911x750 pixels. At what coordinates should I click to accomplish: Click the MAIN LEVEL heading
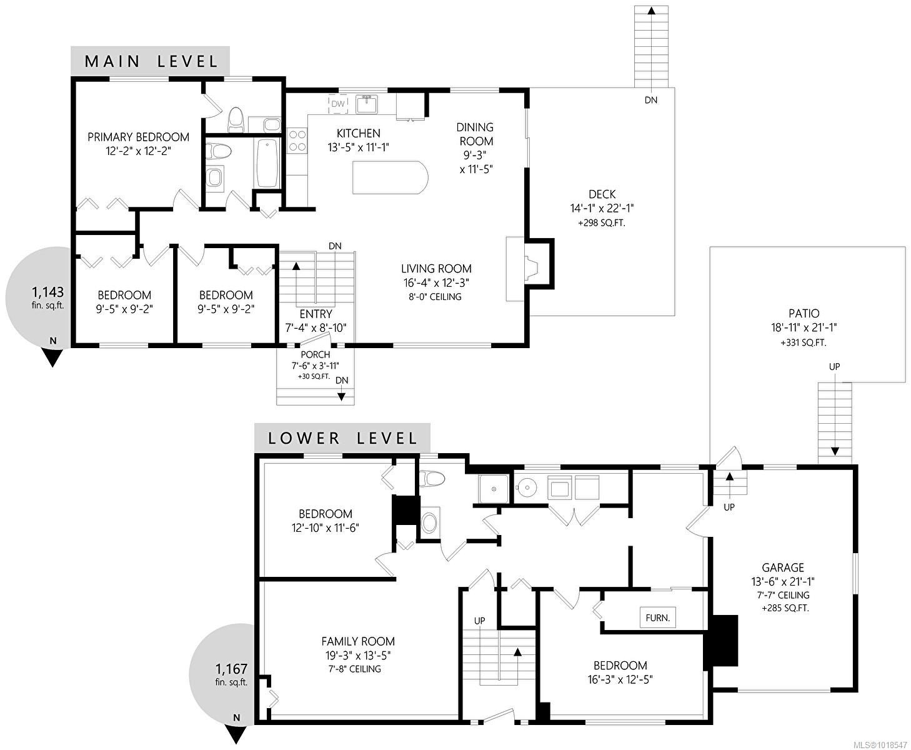(x=151, y=61)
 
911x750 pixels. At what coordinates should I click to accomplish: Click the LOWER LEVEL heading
(x=342, y=437)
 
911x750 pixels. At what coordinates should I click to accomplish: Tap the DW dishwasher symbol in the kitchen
(x=338, y=104)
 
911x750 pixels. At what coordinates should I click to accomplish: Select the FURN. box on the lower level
(x=657, y=618)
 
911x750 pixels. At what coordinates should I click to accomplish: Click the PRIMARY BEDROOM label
(x=138, y=137)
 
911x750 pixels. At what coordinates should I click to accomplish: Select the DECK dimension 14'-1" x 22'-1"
(x=602, y=209)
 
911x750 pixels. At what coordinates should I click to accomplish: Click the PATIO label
(x=804, y=314)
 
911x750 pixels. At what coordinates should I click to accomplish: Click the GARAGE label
(x=782, y=567)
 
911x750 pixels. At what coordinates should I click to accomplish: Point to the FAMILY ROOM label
(x=358, y=641)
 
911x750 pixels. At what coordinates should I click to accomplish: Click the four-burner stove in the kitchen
(x=296, y=141)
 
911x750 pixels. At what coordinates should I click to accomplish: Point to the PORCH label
(x=316, y=355)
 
